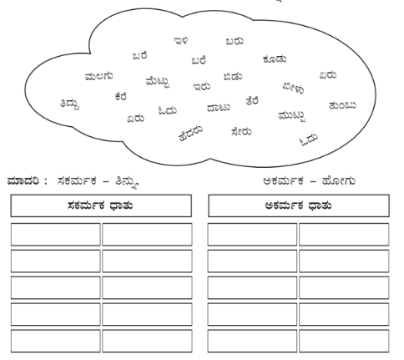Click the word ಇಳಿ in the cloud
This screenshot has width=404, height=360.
click(x=181, y=41)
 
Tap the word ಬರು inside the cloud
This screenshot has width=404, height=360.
click(x=235, y=41)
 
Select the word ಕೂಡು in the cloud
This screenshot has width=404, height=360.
click(x=275, y=59)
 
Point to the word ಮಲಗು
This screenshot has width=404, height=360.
click(x=98, y=76)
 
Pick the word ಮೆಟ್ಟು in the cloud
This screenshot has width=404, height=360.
click(x=158, y=82)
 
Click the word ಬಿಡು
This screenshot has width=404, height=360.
click(x=233, y=77)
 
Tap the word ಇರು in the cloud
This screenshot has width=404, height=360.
click(x=202, y=87)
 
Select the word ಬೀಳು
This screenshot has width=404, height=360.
click(x=293, y=88)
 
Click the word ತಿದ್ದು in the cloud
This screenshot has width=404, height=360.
click(x=69, y=104)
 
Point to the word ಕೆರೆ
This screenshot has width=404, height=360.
click(x=121, y=97)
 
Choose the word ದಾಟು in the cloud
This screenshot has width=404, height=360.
click(x=219, y=108)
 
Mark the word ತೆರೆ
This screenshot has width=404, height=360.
click(x=252, y=101)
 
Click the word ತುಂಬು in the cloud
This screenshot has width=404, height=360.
click(x=342, y=105)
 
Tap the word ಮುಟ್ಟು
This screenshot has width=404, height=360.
click(x=292, y=116)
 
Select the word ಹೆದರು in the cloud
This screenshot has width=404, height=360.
click(x=190, y=134)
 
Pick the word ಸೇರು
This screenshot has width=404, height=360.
click(x=241, y=131)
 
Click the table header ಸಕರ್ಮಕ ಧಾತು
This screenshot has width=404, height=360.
click(x=100, y=205)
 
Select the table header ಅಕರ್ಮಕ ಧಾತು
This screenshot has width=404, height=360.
click(x=298, y=205)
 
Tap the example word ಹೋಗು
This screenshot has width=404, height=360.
click(x=339, y=181)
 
